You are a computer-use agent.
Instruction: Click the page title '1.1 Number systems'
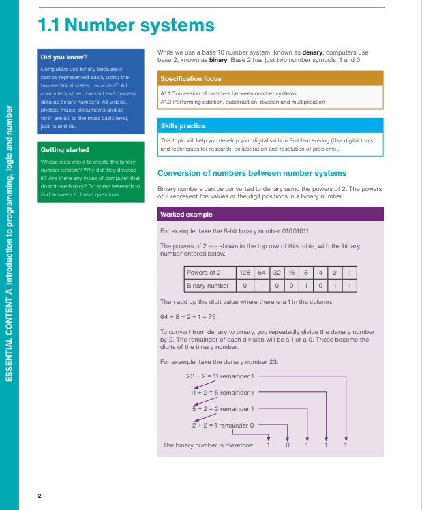coord(126,25)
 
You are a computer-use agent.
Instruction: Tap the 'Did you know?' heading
coord(64,57)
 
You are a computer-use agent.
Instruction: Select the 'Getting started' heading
coord(65,149)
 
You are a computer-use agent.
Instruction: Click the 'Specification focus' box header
coord(270,78)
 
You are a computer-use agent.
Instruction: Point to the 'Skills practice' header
coord(270,126)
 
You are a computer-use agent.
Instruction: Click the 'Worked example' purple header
coord(270,214)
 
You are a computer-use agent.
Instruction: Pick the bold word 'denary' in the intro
coord(312,52)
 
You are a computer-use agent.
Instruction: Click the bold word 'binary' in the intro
coord(218,60)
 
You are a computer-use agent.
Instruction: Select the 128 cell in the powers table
coord(245,273)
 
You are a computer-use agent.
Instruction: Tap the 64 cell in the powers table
coord(262,273)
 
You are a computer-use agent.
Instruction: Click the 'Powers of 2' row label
coord(204,273)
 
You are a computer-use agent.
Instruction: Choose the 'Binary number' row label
coord(208,286)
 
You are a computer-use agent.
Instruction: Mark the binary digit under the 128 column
coord(245,286)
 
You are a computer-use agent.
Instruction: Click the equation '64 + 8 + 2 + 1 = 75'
coord(188,317)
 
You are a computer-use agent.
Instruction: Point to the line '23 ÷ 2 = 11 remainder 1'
coord(220,376)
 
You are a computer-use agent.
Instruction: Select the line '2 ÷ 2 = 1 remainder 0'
coord(223,425)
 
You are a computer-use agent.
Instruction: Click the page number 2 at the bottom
coord(40,496)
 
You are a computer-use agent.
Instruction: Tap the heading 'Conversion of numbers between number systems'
coord(252,173)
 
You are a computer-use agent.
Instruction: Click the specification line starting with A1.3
coord(243,102)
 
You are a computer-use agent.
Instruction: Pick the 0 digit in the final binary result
coord(288,445)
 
